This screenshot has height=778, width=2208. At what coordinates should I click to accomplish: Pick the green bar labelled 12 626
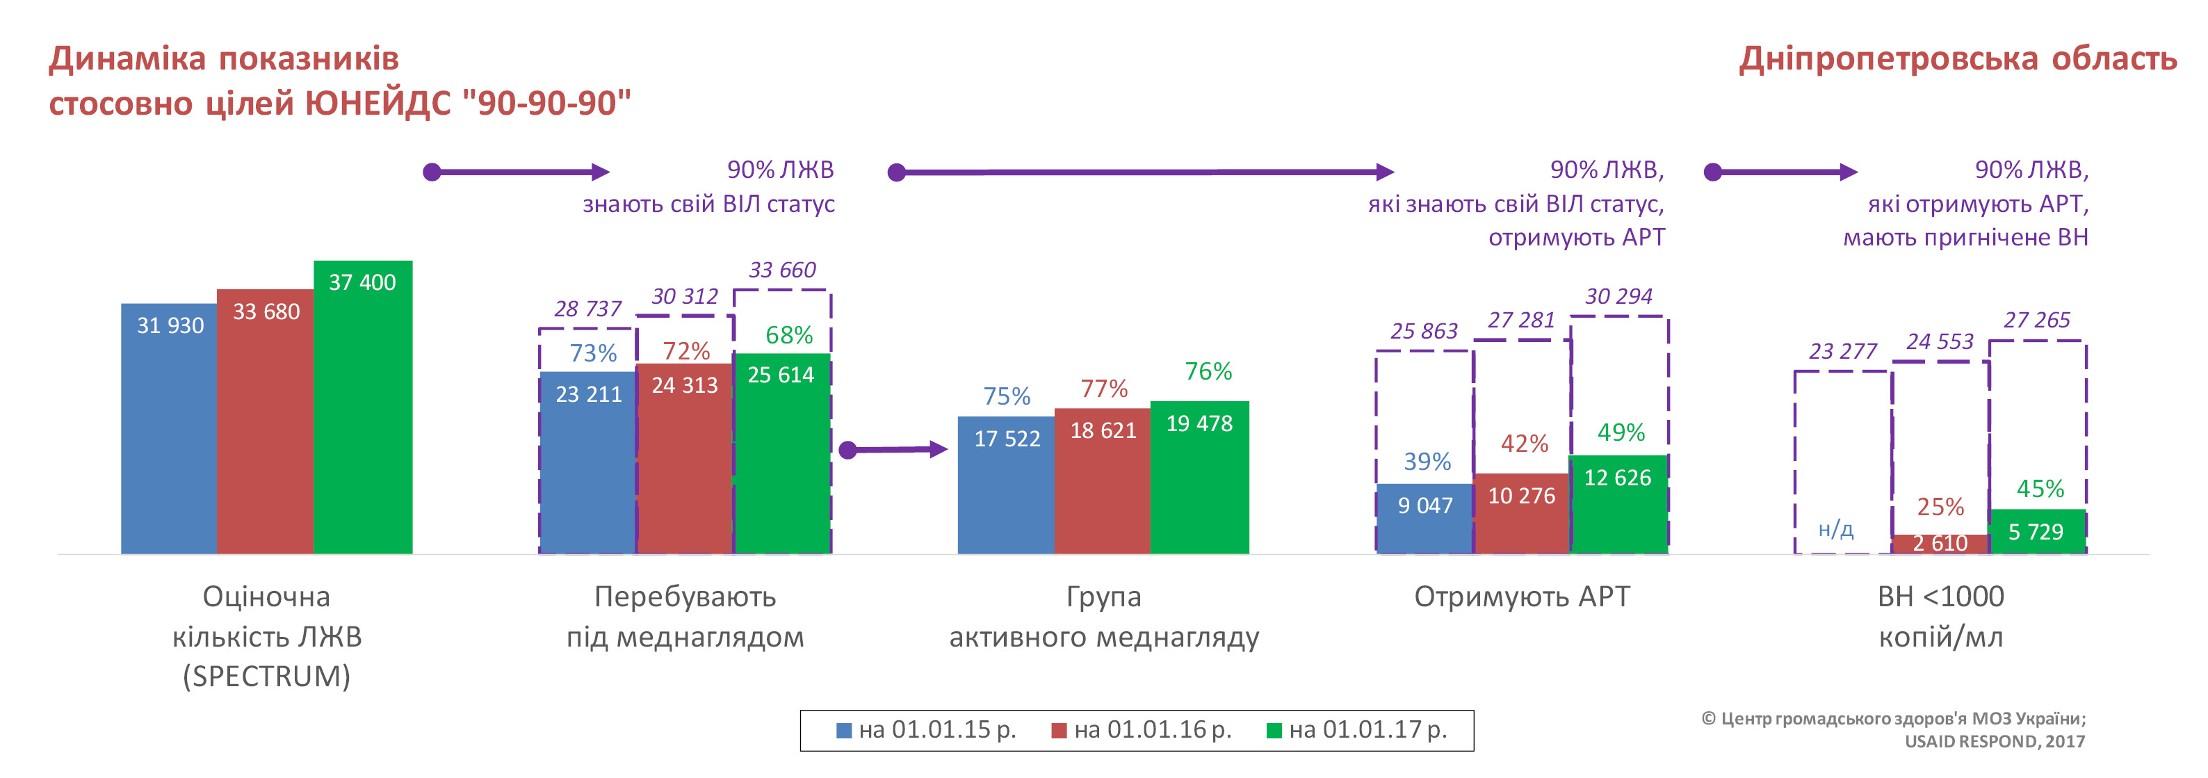coord(1618,505)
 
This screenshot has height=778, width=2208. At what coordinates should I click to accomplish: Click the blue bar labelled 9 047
coord(1424,519)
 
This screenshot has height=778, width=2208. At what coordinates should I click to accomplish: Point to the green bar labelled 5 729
coord(2036,532)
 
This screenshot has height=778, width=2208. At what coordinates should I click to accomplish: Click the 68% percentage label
coord(788,335)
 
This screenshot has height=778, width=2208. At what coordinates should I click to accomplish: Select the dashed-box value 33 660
coord(781,270)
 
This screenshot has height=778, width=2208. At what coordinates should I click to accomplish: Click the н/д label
coord(1836,530)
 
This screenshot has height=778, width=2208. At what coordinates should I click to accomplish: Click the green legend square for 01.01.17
coord(1274,731)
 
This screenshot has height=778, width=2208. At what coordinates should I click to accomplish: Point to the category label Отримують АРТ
coord(1521,597)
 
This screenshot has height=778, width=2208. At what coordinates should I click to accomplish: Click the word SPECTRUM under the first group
coord(266,676)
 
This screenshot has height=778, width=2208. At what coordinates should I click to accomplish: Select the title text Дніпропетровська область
coord(1958,59)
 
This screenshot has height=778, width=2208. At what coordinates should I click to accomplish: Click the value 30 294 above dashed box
coord(1618,296)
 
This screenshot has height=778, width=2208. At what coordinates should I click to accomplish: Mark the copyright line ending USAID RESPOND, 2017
coord(1994,741)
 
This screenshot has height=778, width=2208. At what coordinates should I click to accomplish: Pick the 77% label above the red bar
coord(1104,389)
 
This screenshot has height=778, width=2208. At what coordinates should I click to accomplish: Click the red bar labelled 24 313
coord(684,462)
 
